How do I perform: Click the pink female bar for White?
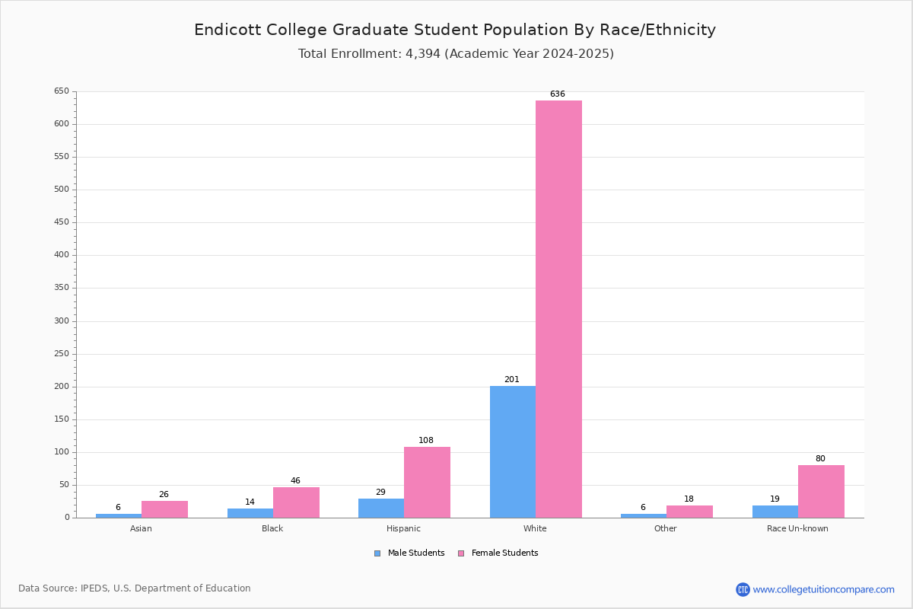click(558, 309)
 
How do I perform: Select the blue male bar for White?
click(513, 451)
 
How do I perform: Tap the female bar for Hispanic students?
click(427, 482)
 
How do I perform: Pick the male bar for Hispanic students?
click(381, 508)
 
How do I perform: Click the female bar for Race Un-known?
click(821, 491)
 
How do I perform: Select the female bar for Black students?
click(296, 502)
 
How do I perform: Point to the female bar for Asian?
click(164, 509)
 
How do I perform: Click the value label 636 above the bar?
click(558, 94)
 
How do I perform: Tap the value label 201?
click(511, 380)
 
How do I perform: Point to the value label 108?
click(426, 441)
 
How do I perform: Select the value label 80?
click(820, 459)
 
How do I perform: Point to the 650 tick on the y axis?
click(62, 91)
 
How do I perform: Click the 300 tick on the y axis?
click(62, 321)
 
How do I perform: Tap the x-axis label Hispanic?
click(403, 528)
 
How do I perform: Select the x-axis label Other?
click(665, 528)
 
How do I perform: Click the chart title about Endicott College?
click(455, 30)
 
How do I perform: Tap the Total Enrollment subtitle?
click(456, 54)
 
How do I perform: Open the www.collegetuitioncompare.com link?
click(823, 589)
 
